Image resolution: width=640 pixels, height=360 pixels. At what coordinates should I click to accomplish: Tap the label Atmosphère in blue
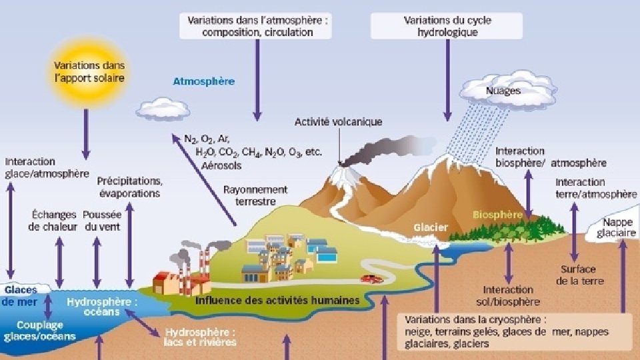pos(203,82)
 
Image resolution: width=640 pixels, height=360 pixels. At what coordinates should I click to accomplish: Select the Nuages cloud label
pos(503,91)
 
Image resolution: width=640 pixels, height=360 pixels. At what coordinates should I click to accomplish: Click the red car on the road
pos(369,278)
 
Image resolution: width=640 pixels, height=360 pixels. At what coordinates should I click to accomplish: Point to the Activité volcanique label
pos(338,122)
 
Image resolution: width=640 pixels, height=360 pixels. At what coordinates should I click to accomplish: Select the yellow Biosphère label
pos(497,215)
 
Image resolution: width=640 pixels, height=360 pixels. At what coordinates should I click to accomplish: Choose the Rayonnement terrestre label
pos(255,195)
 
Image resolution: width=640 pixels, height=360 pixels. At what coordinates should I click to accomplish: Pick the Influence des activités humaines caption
pos(277,301)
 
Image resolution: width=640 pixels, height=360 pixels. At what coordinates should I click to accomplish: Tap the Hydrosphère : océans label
pos(102,307)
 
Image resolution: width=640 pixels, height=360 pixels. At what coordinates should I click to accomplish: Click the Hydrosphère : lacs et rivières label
pos(200,337)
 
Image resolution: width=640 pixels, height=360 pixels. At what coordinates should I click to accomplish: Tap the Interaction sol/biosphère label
pos(508,295)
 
